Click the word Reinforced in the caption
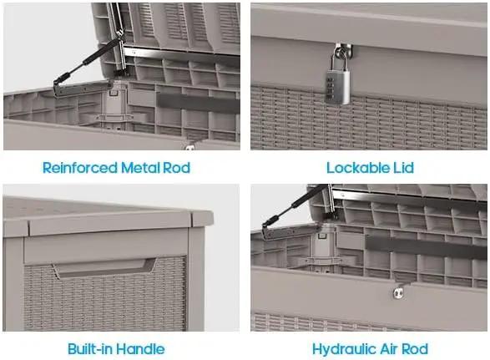[79, 168]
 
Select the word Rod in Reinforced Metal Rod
[177, 168]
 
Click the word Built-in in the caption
[89, 349]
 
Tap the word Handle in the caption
[140, 349]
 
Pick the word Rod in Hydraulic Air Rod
[415, 349]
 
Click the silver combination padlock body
[337, 87]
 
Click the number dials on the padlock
[330, 88]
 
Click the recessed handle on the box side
[104, 268]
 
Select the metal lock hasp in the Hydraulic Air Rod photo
[398, 293]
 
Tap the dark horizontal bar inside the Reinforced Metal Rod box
[199, 103]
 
